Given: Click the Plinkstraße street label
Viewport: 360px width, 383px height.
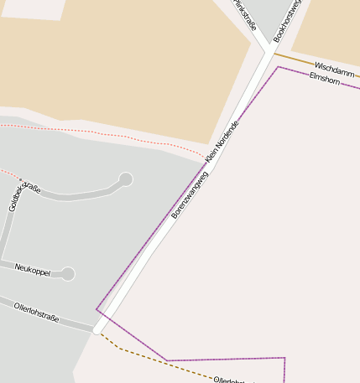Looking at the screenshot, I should tap(244, 13).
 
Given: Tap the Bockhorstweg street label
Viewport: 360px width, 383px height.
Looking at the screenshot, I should tap(286, 21).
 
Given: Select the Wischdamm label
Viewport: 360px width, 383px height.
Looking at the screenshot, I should tap(331, 68).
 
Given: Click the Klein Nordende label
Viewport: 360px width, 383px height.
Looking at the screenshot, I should tap(222, 142).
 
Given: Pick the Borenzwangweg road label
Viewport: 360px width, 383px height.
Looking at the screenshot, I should tap(189, 198).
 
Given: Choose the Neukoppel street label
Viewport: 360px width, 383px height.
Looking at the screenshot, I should tap(33, 270).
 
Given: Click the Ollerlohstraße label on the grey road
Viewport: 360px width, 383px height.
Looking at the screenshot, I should tap(37, 313).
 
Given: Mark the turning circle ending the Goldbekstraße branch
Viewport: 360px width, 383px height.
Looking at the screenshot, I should tap(126, 179).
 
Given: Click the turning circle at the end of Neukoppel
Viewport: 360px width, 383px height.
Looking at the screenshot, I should tap(68, 273).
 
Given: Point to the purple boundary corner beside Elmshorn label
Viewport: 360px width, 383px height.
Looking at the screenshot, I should tap(279, 68).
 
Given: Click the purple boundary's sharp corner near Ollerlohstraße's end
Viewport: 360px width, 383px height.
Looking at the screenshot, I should tap(97, 309).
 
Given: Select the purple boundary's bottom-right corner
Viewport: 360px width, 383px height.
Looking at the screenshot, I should tap(284, 359).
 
